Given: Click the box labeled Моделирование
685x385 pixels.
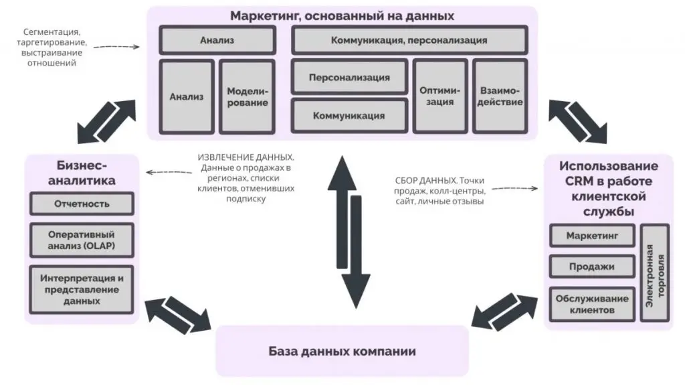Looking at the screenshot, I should [247, 96].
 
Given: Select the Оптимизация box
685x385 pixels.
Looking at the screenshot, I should [437, 96].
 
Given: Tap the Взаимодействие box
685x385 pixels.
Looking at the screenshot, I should [500, 96].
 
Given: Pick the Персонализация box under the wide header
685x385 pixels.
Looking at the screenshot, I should [349, 77].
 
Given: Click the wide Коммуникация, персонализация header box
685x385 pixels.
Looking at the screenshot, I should [409, 40].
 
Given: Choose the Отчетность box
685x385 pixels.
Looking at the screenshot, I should [82, 204].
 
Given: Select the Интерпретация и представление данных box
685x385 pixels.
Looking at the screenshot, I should [82, 289].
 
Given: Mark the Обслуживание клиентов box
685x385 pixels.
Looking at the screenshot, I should [591, 304].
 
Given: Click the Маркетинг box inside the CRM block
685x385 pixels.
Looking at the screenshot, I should [591, 236].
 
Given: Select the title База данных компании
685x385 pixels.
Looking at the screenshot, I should [342, 352].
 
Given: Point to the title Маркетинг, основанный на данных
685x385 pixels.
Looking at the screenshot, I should [342, 15].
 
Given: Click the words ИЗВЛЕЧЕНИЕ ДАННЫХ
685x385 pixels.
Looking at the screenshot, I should [245, 157].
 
